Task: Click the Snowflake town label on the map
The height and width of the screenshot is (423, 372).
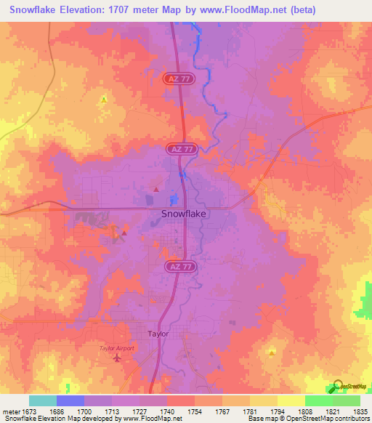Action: coord(183,214)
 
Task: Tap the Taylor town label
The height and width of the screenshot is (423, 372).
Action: coord(158,334)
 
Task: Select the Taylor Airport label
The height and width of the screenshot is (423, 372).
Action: coord(117,349)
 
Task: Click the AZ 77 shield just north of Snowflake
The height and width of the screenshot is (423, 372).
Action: coord(182,148)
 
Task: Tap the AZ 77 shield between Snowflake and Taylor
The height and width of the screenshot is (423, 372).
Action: coord(182,267)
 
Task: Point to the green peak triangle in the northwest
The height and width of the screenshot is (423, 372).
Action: coord(104,99)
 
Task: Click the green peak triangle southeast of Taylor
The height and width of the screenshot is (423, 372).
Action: coord(271,352)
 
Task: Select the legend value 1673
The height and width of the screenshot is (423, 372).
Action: coord(29,411)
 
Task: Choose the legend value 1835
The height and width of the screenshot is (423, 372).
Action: coord(360,411)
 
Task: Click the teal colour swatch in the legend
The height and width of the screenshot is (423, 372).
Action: coord(43,400)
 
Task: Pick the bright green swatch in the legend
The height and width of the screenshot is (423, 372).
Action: coord(318,400)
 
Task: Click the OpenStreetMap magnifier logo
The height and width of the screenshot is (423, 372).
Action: coord(338,386)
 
